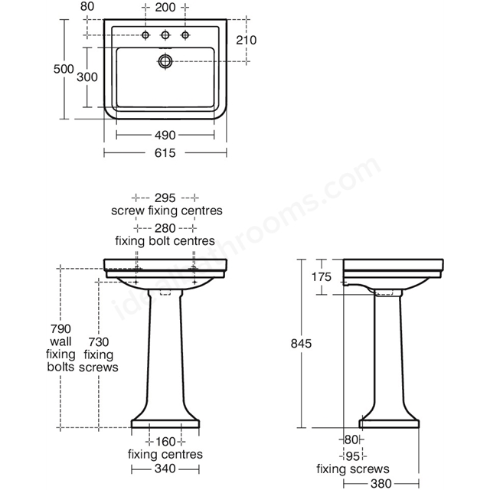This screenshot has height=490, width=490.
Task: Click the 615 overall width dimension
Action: (165, 153)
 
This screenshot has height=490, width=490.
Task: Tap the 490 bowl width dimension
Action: (165, 136)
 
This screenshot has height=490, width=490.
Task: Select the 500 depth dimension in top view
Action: (64, 69)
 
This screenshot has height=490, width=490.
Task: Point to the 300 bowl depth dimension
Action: (87, 77)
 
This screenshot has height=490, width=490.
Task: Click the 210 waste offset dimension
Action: (247, 40)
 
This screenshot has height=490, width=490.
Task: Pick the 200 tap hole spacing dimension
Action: (165, 7)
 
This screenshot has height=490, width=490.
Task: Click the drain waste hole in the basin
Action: (165, 61)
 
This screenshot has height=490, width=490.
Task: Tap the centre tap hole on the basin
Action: (165, 35)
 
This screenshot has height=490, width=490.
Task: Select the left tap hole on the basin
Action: (145, 35)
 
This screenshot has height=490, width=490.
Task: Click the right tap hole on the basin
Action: (185, 35)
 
